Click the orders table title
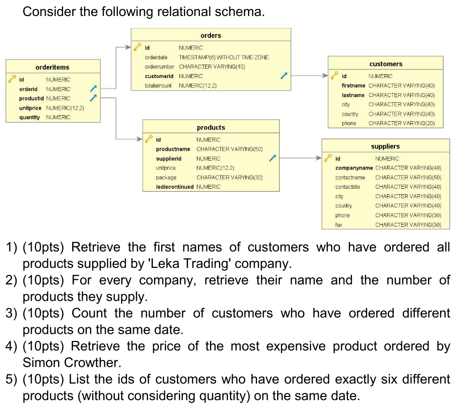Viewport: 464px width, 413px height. click(x=210, y=36)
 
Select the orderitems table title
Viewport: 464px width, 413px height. click(x=52, y=67)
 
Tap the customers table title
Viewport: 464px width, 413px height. click(x=385, y=64)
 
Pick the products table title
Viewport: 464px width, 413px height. click(x=211, y=128)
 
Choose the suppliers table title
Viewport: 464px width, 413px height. click(x=385, y=147)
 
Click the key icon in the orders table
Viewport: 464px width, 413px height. click(x=138, y=48)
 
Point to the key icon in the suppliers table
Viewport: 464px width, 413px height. click(x=329, y=158)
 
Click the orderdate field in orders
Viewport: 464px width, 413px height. click(x=156, y=57)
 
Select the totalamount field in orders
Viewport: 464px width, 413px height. click(x=158, y=86)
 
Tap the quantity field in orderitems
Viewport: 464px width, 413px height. click(x=30, y=117)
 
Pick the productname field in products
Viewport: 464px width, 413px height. click(x=173, y=149)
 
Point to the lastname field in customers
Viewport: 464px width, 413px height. click(x=353, y=95)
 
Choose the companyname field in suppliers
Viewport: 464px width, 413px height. click(x=354, y=168)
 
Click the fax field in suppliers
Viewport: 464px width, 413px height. click(x=339, y=225)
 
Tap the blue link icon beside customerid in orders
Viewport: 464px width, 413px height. click(x=284, y=76)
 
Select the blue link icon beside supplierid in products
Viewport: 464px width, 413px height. click(x=272, y=159)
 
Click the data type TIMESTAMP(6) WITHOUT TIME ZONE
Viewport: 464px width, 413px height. click(x=223, y=57)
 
